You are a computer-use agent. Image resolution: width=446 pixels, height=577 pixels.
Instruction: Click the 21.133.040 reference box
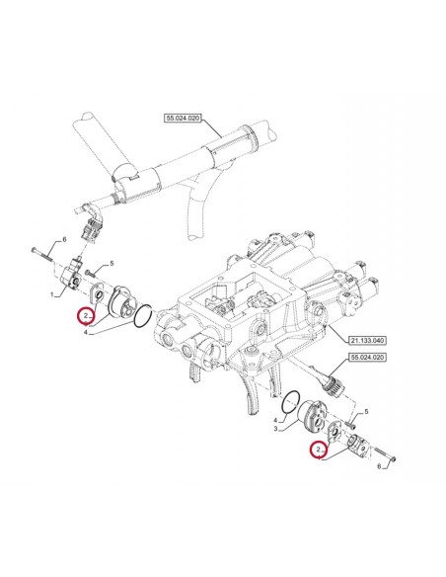pos(367,341)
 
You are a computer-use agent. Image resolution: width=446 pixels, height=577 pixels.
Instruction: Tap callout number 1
pos(52,294)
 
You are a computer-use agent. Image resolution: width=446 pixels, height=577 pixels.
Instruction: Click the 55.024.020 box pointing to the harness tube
pos(183,119)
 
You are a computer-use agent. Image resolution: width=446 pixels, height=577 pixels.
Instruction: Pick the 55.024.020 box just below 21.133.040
pos(367,357)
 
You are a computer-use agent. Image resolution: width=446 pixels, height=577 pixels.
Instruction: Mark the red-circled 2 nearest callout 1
pos(86,316)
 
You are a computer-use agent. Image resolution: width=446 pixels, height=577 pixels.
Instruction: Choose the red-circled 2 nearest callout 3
pos(318,451)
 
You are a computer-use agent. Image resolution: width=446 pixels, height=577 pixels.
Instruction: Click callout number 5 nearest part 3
pos(366,412)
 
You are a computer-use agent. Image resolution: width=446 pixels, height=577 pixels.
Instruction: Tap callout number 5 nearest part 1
pos(111,264)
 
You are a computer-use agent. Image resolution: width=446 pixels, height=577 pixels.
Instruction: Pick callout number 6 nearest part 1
pos(64,240)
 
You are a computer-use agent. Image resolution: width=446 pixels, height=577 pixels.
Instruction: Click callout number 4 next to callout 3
pos(275,420)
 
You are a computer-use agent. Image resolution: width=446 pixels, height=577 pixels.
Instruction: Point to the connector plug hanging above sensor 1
pos(91,230)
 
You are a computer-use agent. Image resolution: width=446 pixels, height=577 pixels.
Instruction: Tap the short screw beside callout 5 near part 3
pos(351,426)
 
